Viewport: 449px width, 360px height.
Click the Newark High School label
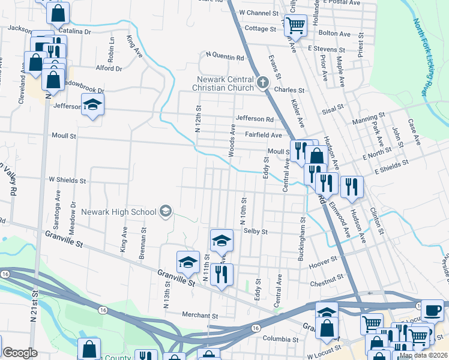point(119,212)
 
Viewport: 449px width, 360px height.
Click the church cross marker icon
point(262,83)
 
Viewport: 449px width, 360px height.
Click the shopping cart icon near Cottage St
point(295,25)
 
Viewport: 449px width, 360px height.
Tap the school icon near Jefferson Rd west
point(92,107)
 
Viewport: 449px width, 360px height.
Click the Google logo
point(19,352)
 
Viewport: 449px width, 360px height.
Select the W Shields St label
point(67,180)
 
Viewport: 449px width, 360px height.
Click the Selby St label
point(255,231)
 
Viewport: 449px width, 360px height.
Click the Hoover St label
point(326,262)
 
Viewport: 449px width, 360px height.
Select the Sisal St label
point(331,107)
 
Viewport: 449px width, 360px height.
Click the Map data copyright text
point(423,356)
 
